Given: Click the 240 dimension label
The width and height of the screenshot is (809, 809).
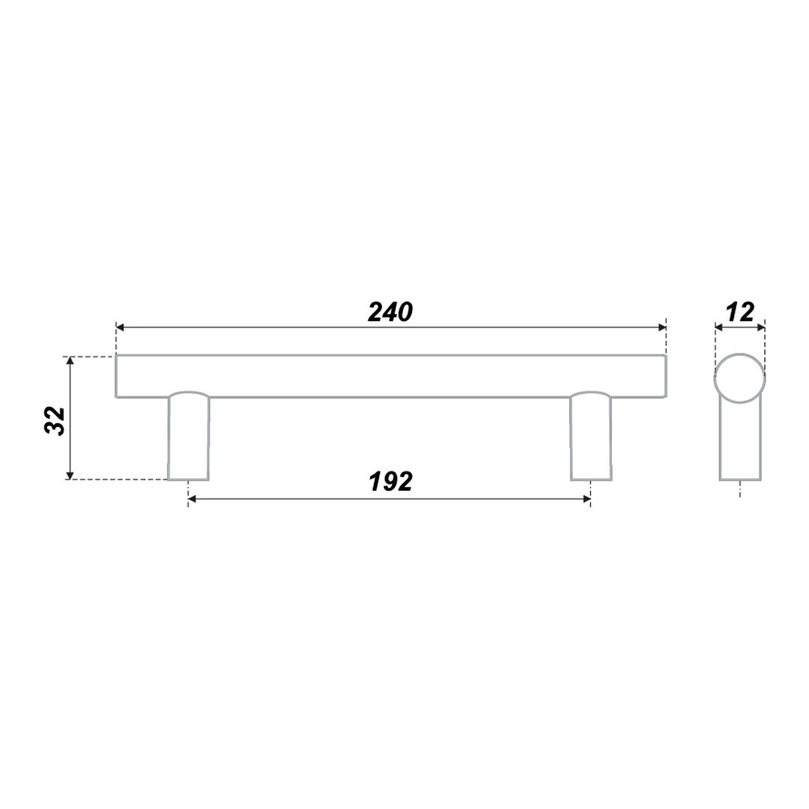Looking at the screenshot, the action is [390, 312].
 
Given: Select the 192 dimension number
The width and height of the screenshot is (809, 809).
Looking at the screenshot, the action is [390, 482].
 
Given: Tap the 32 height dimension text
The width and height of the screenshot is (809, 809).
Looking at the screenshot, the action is [55, 421].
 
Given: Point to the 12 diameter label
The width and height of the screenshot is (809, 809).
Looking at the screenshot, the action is [740, 312].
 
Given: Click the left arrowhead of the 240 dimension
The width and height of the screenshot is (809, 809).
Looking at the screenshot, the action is [120, 327].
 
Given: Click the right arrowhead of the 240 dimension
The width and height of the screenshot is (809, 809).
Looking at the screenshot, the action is [662, 327].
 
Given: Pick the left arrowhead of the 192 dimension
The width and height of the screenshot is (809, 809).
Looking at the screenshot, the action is [193, 499].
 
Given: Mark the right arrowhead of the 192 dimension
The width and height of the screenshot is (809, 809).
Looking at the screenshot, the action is [586, 499].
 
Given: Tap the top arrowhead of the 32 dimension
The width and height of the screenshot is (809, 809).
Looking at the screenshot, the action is [70, 360].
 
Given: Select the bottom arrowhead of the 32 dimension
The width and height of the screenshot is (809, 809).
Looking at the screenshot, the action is [70, 475].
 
